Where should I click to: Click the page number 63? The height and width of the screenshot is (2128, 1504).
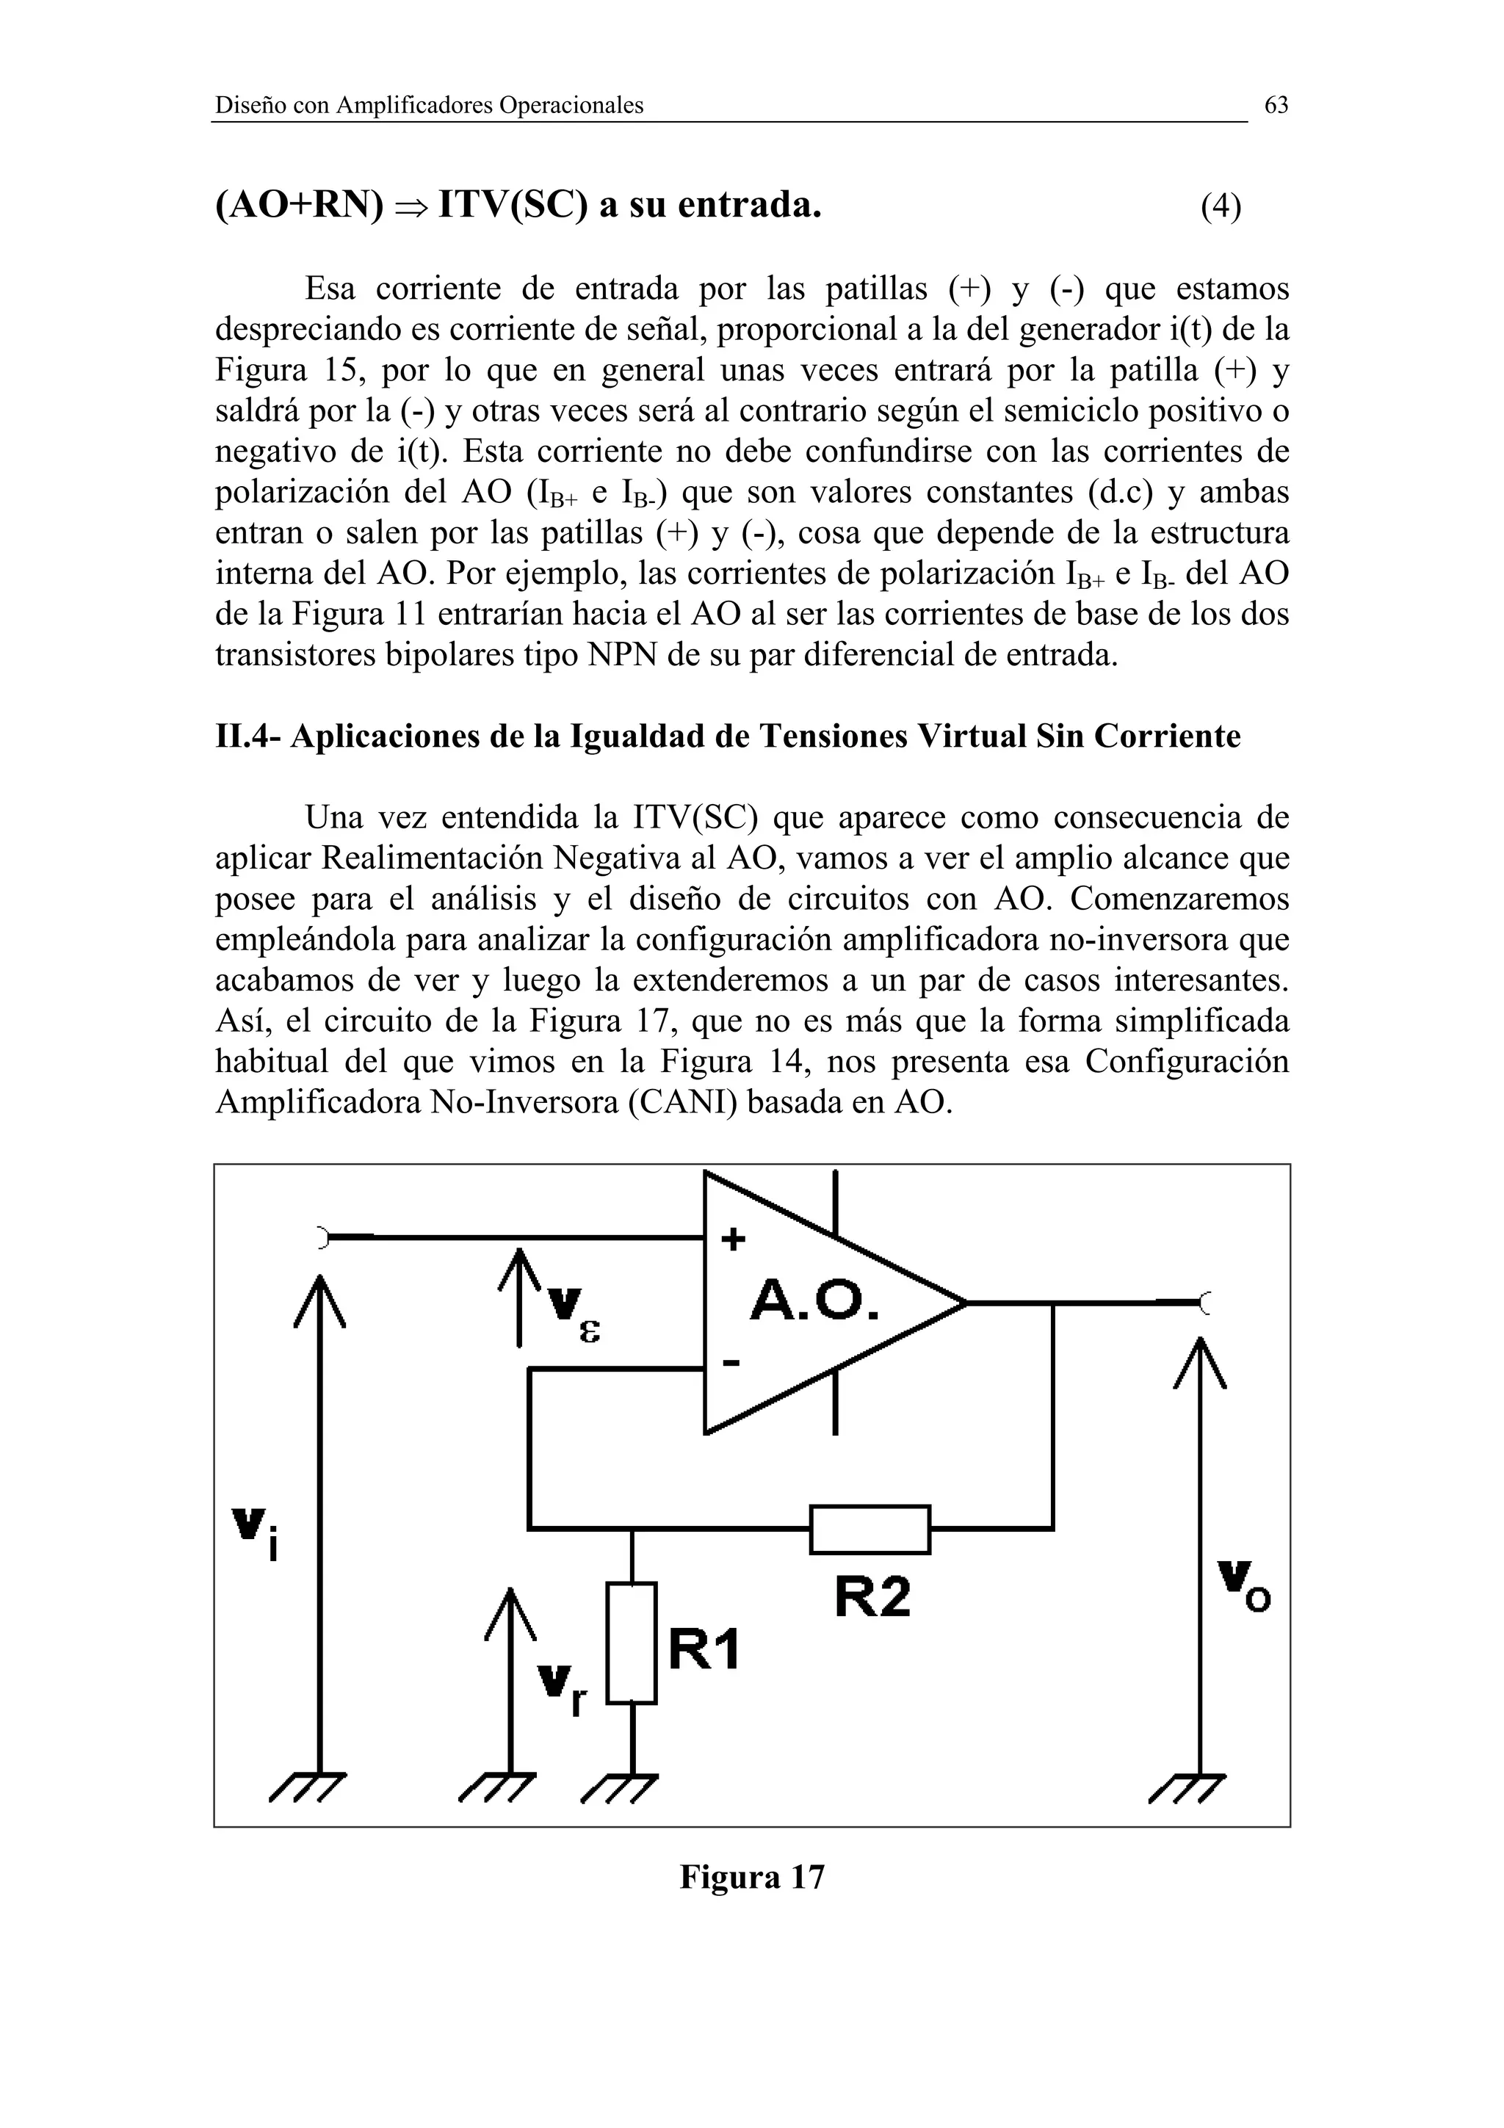click(x=1276, y=106)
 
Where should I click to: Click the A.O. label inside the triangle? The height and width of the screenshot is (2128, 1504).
click(x=814, y=1301)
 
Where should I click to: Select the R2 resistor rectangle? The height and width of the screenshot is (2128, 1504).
click(x=869, y=1530)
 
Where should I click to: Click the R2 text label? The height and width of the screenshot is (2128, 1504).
click(x=872, y=1597)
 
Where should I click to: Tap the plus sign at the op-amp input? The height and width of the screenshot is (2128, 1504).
click(x=732, y=1240)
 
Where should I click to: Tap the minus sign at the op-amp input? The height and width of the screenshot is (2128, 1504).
click(x=731, y=1362)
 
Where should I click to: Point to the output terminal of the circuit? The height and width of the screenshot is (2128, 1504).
click(x=1204, y=1303)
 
